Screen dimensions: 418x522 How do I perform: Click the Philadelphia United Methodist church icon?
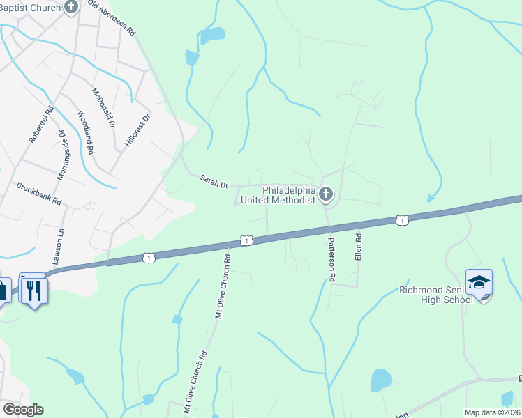pyautogui.click(x=326, y=195)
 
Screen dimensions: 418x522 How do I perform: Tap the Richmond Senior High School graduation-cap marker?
pyautogui.click(x=479, y=283)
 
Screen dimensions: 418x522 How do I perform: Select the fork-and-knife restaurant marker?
pyautogui.click(x=33, y=289)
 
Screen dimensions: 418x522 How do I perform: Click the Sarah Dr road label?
pyautogui.click(x=214, y=182)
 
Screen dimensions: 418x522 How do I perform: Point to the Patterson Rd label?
pyautogui.click(x=332, y=257)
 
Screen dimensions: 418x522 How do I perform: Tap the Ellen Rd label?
pyautogui.click(x=358, y=247)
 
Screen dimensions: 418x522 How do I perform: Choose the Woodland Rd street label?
pyautogui.click(x=85, y=132)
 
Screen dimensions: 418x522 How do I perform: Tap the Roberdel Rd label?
pyautogui.click(x=41, y=125)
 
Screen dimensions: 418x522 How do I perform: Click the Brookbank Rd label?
pyautogui.click(x=39, y=194)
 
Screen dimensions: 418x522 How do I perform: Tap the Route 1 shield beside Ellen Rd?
pyautogui.click(x=401, y=220)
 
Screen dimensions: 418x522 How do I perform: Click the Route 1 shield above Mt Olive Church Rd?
pyautogui.click(x=246, y=240)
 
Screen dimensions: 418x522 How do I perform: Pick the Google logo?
pyautogui.click(x=22, y=410)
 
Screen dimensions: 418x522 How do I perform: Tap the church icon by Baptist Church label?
pyautogui.click(x=70, y=8)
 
